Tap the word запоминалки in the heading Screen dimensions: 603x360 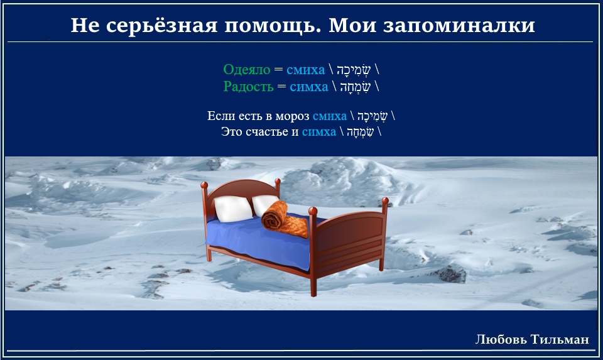click(x=459, y=25)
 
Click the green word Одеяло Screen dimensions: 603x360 click(x=247, y=70)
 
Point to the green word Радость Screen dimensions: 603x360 click(x=249, y=87)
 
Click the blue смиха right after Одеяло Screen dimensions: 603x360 click(x=306, y=70)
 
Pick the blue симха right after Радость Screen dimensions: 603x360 click(x=309, y=87)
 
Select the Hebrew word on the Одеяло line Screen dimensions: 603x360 click(x=354, y=70)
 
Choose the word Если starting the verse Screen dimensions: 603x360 click(x=221, y=116)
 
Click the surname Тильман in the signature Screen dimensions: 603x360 click(x=560, y=339)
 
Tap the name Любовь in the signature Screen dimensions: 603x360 click(x=501, y=339)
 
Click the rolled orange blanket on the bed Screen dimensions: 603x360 click(x=285, y=220)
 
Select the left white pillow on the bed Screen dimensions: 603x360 click(x=232, y=209)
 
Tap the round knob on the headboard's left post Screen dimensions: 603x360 click(x=204, y=185)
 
